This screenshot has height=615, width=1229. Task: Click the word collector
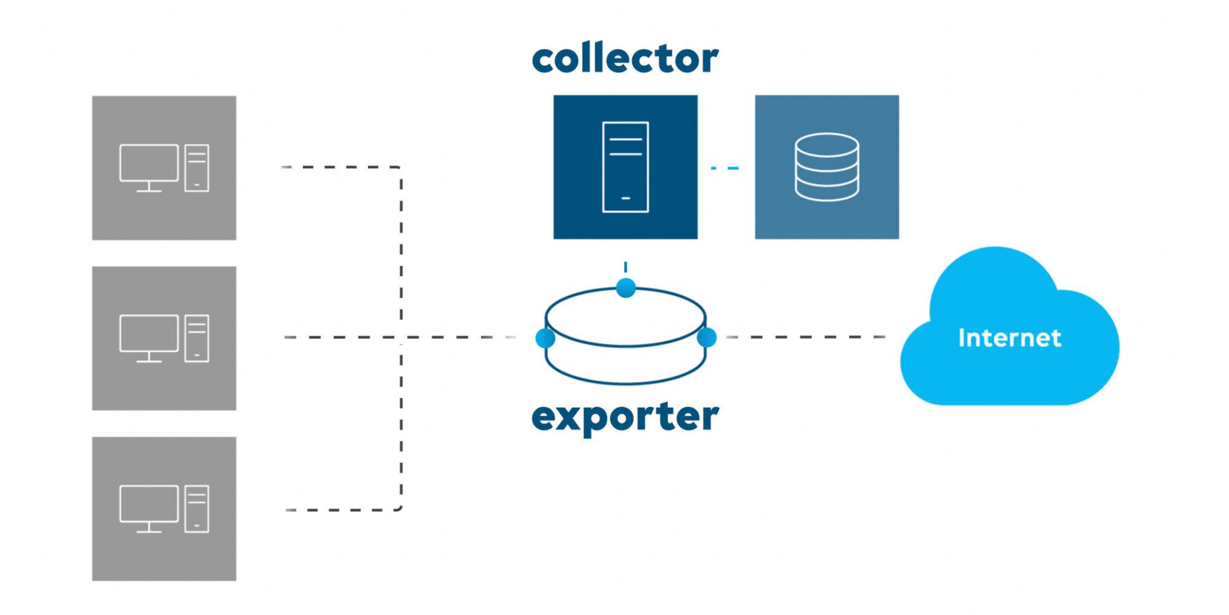[x=625, y=59]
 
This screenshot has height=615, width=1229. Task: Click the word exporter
[x=625, y=417]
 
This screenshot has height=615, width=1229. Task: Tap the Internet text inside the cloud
[x=1010, y=338]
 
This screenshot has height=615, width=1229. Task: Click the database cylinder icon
[x=827, y=167]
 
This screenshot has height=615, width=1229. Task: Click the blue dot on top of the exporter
[x=626, y=288]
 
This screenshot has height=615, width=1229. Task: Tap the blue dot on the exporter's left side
[x=545, y=338]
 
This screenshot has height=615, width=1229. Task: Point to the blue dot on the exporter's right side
[x=707, y=338]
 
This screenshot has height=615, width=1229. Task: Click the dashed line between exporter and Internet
[x=805, y=337]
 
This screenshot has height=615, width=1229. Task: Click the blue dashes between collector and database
[x=725, y=168]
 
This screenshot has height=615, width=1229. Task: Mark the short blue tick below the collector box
[x=626, y=267]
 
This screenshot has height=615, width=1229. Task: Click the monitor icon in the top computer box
[x=149, y=164]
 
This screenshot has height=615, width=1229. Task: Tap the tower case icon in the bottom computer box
[x=197, y=509]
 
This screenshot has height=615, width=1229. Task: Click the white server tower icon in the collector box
[x=626, y=167]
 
